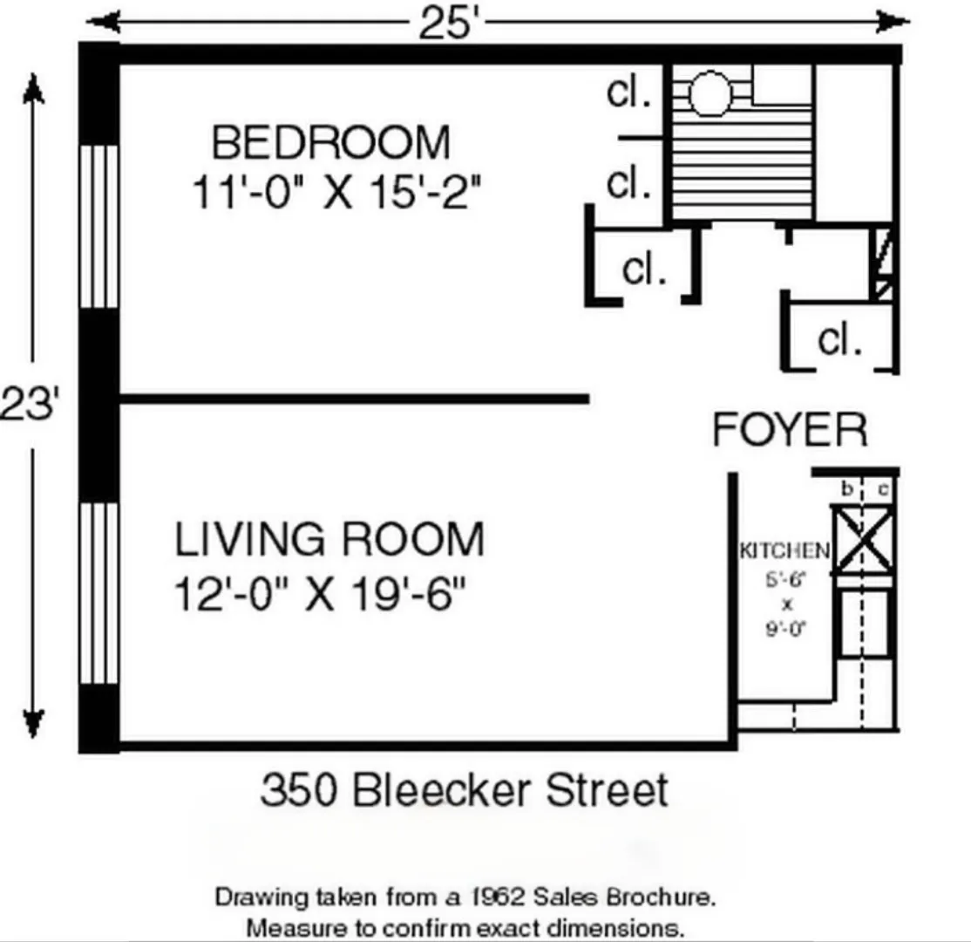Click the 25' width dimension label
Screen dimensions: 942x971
450,24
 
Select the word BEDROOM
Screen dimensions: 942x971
331,142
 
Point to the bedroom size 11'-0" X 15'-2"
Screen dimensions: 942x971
336,192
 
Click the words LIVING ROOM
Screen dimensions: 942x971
329,539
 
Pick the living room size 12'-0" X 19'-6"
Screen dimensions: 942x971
319,597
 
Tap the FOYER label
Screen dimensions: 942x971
790,430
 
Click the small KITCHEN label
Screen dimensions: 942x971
784,550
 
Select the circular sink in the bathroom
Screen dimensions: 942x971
709,94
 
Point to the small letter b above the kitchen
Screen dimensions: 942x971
845,490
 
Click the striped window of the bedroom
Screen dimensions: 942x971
98,226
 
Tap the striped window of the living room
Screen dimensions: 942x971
98,593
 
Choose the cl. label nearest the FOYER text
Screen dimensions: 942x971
839,339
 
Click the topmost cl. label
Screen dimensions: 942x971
629,92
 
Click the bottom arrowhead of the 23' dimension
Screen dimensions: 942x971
33,722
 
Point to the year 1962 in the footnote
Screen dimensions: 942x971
492,897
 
